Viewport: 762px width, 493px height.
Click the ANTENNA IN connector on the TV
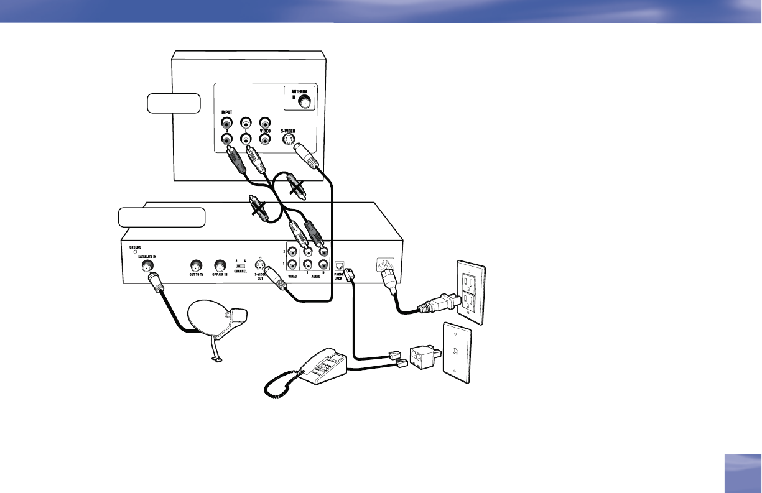304,99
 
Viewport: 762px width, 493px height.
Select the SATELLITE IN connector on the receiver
148,267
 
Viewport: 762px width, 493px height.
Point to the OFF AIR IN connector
219,265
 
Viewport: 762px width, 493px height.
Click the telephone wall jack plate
457,352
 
